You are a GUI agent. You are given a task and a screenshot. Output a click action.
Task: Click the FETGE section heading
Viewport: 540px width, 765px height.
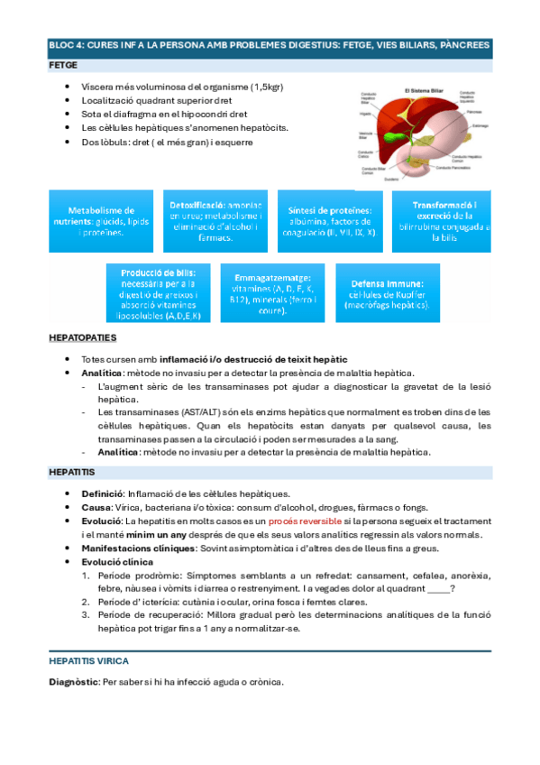click(63, 66)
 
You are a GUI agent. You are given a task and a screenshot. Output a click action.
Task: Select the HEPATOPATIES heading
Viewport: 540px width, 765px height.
click(82, 337)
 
